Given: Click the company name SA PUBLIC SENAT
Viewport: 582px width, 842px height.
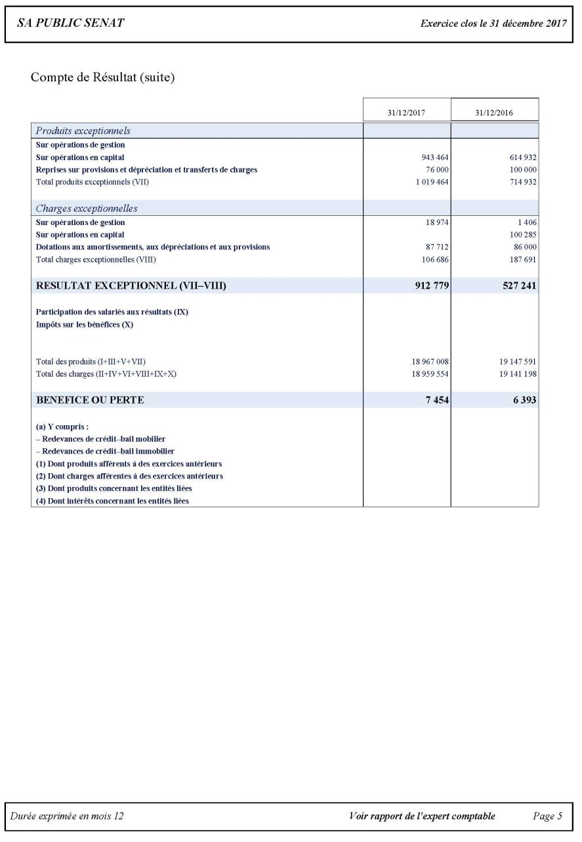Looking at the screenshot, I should click(x=71, y=24).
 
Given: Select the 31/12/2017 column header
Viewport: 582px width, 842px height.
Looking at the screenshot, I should click(x=406, y=113).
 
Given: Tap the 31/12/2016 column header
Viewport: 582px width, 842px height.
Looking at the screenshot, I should click(x=494, y=113).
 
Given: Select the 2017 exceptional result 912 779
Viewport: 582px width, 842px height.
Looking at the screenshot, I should click(x=428, y=285).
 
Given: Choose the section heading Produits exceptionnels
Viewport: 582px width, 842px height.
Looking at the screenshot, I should click(x=83, y=131).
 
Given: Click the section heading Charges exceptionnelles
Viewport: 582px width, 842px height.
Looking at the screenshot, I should click(x=87, y=209).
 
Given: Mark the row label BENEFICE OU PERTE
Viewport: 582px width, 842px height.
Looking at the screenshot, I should click(x=90, y=400).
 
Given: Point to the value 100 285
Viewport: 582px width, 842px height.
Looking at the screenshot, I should click(x=523, y=234).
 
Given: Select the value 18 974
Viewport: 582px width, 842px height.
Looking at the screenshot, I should click(x=437, y=222).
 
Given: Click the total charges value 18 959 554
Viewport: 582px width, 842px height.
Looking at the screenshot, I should click(x=427, y=374).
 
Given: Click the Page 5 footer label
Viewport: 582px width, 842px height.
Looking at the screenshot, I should click(x=547, y=816).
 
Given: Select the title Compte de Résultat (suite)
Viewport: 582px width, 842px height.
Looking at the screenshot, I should click(x=102, y=77).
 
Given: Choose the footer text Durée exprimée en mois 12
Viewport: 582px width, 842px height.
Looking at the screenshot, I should click(x=67, y=816).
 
